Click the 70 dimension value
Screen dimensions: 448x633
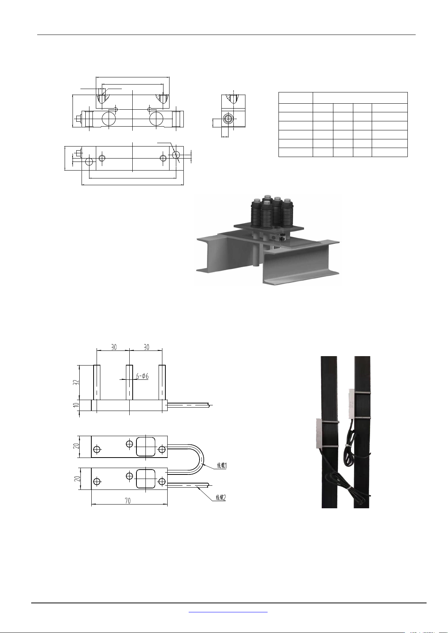coord(128,501)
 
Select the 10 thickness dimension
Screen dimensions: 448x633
coord(76,405)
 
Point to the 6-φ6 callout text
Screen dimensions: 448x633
coord(142,376)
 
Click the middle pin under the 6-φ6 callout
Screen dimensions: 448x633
coord(129,382)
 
